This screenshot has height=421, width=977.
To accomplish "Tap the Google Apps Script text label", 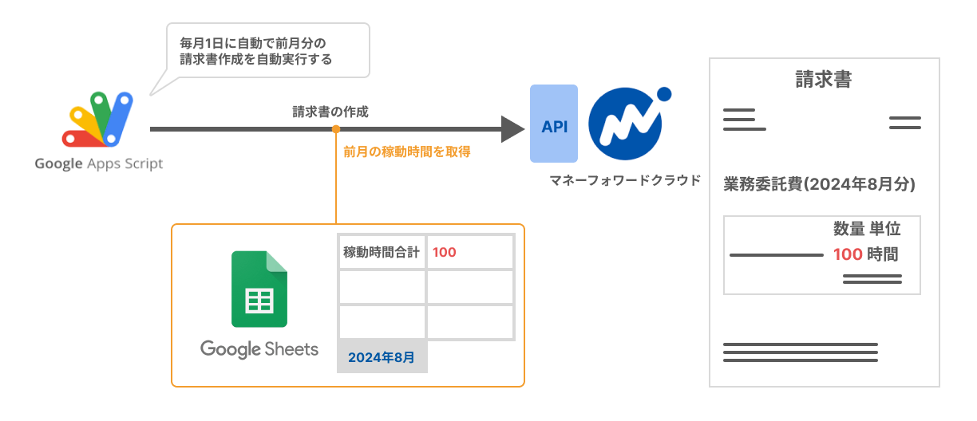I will pos(99,164).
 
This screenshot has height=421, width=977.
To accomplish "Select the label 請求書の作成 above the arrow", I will pos(330,112).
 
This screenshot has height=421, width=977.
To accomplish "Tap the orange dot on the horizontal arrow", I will pos(336,128).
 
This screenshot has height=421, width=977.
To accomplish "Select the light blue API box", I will pos(554,126).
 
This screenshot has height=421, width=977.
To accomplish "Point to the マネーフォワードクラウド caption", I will pos(626,180).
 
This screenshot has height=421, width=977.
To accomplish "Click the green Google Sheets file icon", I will pos(259,289).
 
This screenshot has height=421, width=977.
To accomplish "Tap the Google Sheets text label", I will pos(259,349).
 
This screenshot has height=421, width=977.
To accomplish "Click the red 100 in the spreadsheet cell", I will pos(445,253).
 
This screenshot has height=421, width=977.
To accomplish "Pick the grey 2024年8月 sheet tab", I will pos(382,357).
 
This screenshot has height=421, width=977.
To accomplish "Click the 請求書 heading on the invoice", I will pos(823,80).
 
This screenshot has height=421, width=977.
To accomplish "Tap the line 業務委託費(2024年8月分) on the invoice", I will pos(819,184).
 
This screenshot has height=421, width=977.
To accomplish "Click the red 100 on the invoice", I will pos(848,255).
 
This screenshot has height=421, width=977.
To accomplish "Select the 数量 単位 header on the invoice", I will pos(866,230).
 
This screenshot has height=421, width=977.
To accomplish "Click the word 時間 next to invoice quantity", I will pos(884,255).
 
